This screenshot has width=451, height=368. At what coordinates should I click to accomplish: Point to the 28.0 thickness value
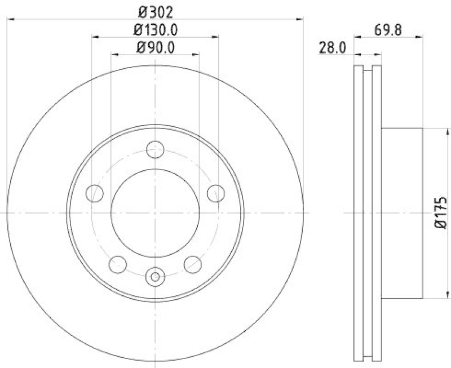click(332, 48)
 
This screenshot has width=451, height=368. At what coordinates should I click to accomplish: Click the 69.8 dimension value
click(389, 29)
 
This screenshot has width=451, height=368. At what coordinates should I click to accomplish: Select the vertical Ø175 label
click(440, 213)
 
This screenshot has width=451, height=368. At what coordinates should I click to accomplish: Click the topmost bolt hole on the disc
click(155, 150)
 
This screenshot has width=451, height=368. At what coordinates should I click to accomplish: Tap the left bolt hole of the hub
click(95, 193)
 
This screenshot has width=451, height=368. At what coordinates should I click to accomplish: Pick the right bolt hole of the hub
click(215, 193)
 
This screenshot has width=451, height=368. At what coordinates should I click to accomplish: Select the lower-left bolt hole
click(118, 263)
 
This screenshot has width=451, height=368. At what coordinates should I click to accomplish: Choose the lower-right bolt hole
click(192, 263)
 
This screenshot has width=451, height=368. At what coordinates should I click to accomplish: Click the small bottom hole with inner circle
click(155, 276)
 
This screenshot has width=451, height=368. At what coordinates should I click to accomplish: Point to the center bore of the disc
click(155, 212)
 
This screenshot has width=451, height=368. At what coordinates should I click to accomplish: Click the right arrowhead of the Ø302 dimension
click(300, 19)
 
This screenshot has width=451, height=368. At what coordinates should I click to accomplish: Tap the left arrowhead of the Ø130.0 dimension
click(95, 37)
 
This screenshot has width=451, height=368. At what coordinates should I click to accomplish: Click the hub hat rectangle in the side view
click(402, 213)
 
